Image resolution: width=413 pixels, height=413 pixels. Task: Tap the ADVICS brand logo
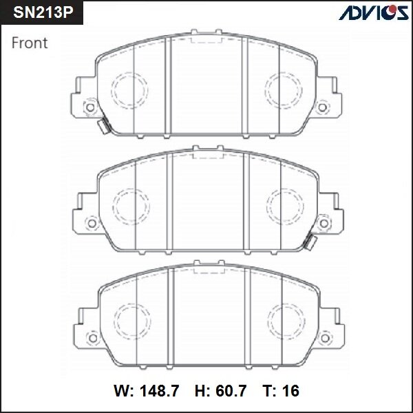pyautogui.click(x=372, y=12)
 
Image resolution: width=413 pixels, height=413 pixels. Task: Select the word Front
pyautogui.click(x=30, y=43)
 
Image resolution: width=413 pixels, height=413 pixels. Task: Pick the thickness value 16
pyautogui.click(x=290, y=391)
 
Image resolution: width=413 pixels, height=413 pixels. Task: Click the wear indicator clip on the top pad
pyautogui.click(x=104, y=127)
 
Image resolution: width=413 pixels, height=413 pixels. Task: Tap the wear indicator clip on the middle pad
pyautogui.click(x=309, y=242)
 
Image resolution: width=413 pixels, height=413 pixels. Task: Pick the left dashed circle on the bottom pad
pyautogui.click(x=126, y=318)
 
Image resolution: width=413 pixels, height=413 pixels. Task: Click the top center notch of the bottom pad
pyautogui.click(x=206, y=265)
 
